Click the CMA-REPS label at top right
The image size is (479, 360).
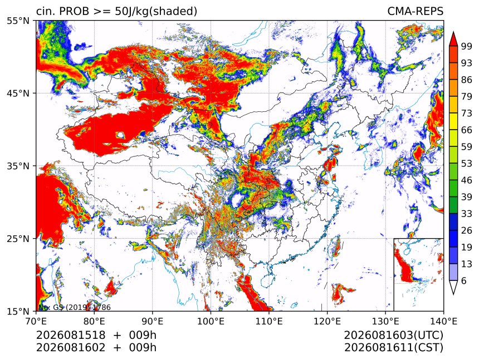(x=415, y=11)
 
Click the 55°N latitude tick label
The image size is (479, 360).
(x=18, y=21)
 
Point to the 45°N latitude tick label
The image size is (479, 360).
(x=18, y=93)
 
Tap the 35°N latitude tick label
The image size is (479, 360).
(x=18, y=166)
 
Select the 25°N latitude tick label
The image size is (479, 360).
(x=18, y=239)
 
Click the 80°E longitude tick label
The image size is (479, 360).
(x=94, y=321)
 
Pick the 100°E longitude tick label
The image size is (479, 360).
(x=211, y=321)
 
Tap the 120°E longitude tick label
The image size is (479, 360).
(x=327, y=321)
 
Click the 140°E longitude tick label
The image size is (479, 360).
(x=443, y=321)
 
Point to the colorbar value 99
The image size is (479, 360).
(x=467, y=46)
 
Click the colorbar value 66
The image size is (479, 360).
(x=467, y=130)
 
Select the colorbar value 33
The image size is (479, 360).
(x=467, y=214)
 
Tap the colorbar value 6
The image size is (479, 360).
(x=464, y=280)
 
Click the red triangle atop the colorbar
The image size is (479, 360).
(x=453, y=39)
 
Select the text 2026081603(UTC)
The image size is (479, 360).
(x=393, y=336)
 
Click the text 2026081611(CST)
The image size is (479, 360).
(x=393, y=348)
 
